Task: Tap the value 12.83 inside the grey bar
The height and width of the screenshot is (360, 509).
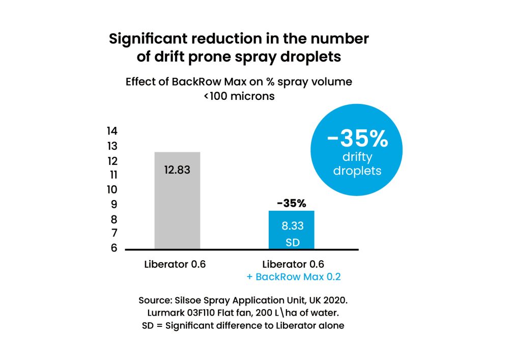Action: [177, 170]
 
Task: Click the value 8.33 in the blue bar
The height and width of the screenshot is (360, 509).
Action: [292, 226]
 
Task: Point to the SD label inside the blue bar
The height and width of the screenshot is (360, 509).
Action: [292, 242]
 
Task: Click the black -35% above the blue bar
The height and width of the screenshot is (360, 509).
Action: [292, 204]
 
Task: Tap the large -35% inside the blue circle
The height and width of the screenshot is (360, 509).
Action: [357, 139]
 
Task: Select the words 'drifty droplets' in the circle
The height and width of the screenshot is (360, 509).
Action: [357, 164]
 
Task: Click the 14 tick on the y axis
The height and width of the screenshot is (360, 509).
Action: [112, 131]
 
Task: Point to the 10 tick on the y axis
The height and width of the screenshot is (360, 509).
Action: [112, 190]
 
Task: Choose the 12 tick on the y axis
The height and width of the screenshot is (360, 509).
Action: [112, 161]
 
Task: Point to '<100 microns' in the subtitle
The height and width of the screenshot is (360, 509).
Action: [239, 96]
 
